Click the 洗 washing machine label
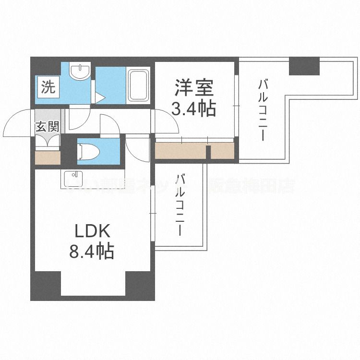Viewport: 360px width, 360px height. (x=47, y=88)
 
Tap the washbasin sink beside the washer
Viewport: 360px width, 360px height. (x=78, y=73)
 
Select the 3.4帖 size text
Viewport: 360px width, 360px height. (x=193, y=110)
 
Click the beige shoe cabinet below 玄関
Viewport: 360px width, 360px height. (x=48, y=157)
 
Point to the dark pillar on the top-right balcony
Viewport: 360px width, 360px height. (x=304, y=65)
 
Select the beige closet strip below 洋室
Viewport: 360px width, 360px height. (x=194, y=151)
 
